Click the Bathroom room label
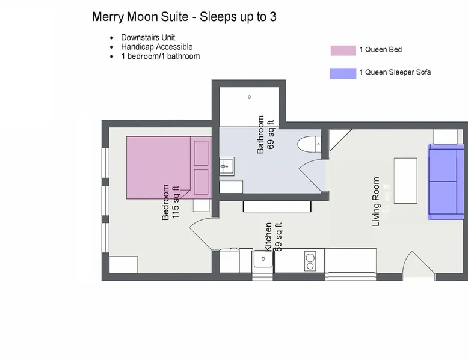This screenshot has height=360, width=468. (260, 135)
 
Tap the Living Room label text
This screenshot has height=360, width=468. (376, 201)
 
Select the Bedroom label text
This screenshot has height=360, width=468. (165, 202)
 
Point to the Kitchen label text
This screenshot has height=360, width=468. (268, 237)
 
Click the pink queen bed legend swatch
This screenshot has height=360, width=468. (343, 50)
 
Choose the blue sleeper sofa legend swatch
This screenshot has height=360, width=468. (343, 73)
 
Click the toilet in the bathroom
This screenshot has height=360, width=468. (309, 144)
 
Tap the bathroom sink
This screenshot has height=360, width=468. (227, 166)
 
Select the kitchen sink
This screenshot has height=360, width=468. (263, 259)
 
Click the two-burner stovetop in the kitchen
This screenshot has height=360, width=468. (310, 261)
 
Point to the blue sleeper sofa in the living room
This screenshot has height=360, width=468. (446, 182)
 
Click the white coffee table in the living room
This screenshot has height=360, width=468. (405, 181)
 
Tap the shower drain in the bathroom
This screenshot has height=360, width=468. (250, 97)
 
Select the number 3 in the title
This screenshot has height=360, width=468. (273, 17)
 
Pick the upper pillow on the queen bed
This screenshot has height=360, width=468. (201, 153)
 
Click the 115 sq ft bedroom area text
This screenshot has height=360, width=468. (176, 202)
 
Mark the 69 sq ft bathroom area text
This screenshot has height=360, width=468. (271, 135)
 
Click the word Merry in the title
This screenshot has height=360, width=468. (108, 17)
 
